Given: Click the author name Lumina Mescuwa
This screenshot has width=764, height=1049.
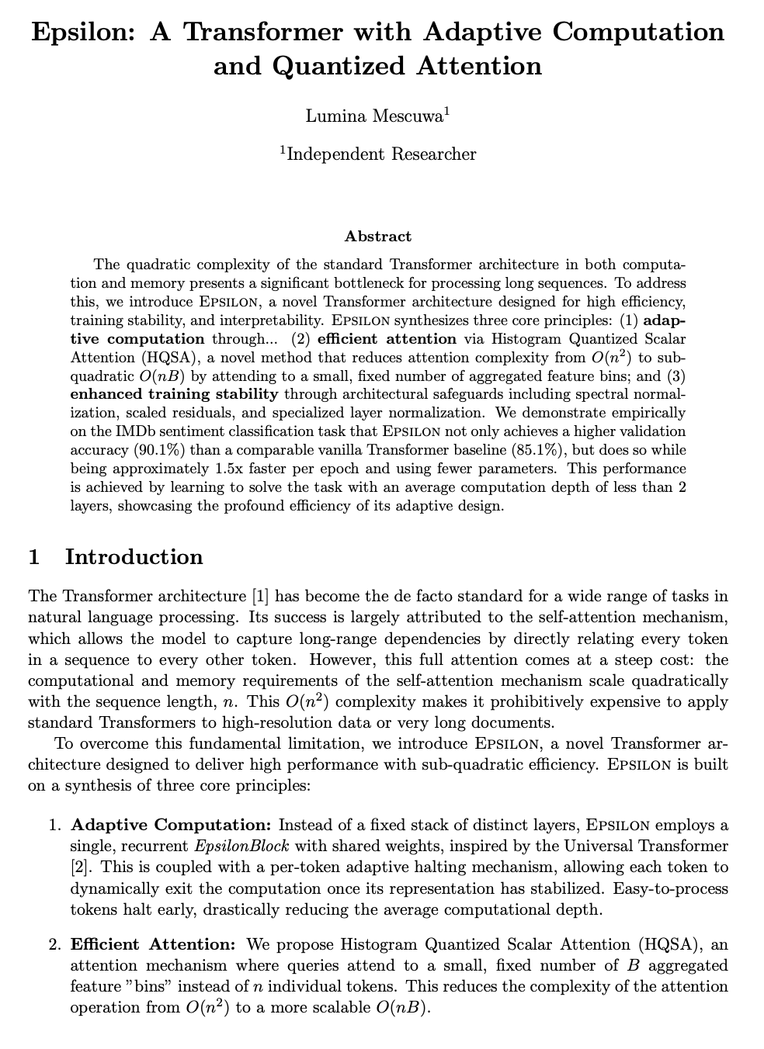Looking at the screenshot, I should (x=375, y=116).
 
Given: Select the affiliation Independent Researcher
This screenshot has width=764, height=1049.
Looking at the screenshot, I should (x=380, y=154).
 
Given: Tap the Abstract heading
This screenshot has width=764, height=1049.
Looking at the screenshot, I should (x=378, y=236).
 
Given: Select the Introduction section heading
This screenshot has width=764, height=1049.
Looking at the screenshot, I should (x=134, y=556).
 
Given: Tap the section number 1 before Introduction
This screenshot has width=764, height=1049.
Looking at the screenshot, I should (x=34, y=556).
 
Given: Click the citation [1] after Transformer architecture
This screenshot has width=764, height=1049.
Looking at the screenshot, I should (x=260, y=596).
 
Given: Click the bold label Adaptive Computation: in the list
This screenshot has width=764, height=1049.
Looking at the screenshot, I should (x=171, y=824).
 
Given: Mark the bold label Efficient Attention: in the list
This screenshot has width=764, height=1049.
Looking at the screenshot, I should (x=153, y=944).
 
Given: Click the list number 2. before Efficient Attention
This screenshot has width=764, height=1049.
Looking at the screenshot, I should (x=54, y=944).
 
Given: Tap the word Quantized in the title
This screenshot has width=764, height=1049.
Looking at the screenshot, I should (x=338, y=67).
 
